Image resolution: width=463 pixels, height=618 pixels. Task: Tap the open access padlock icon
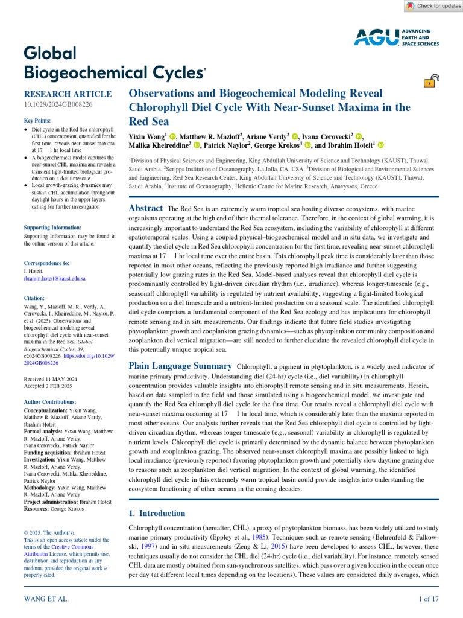point(430,81)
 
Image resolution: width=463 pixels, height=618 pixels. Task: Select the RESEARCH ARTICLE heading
point(68,94)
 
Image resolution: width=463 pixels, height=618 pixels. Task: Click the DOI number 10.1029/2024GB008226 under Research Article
point(58,105)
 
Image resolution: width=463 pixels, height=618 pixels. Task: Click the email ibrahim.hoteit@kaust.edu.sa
point(54,279)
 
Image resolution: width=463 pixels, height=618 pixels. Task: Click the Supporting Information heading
point(52,228)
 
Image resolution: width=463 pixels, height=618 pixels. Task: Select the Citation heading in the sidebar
point(35,298)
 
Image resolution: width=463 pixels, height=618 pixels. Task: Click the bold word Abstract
point(146,208)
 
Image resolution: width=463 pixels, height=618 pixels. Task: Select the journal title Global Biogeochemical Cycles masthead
point(114,63)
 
